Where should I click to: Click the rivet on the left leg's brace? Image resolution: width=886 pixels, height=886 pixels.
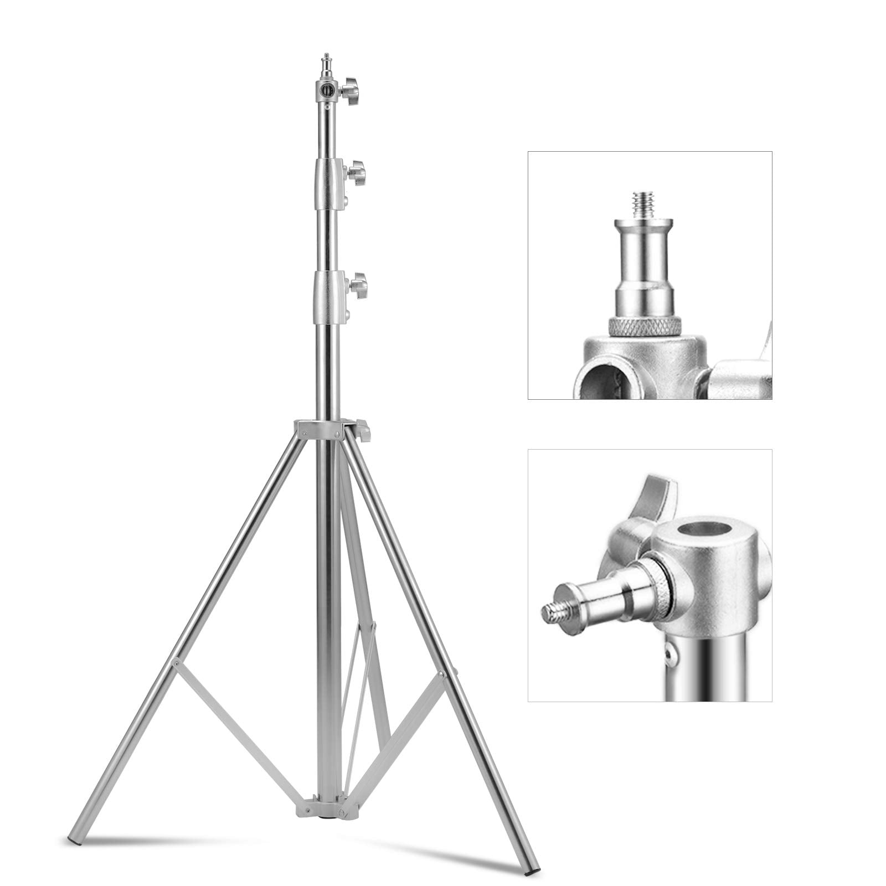pyautogui.click(x=176, y=662)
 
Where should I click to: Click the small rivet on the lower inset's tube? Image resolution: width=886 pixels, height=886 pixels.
pyautogui.click(x=672, y=655)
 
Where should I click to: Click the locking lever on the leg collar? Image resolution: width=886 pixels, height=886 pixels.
pyautogui.click(x=363, y=431)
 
